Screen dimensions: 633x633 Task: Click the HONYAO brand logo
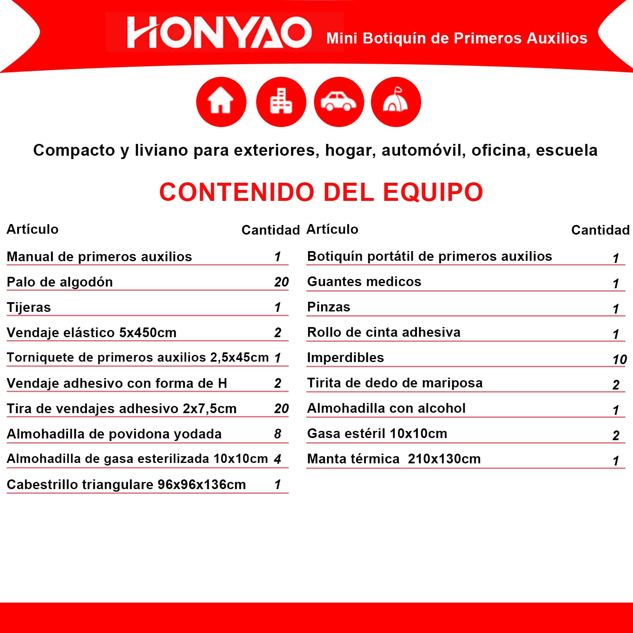click(219, 32)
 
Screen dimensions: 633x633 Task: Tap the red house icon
click(221, 102)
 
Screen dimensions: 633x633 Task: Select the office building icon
click(281, 102)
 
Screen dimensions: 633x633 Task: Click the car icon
click(339, 102)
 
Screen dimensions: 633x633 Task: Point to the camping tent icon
click(395, 101)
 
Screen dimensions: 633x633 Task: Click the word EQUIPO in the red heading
click(433, 192)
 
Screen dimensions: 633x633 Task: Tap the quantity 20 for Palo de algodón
click(281, 282)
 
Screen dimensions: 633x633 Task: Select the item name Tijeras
click(29, 307)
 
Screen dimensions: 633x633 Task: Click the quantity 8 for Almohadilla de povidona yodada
click(278, 434)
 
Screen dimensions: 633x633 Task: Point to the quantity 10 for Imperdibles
click(619, 360)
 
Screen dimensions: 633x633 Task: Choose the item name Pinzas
click(329, 307)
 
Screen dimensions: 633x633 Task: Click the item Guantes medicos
click(364, 281)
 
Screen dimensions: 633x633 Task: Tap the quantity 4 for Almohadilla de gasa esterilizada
click(277, 459)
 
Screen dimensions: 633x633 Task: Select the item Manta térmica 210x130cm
click(394, 459)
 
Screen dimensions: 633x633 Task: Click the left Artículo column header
click(32, 229)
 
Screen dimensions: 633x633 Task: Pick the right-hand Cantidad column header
click(600, 230)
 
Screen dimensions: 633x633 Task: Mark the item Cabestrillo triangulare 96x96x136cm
click(126, 484)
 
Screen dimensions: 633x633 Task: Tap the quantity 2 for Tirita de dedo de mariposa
click(616, 385)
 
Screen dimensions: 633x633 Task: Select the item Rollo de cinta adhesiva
click(384, 332)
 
